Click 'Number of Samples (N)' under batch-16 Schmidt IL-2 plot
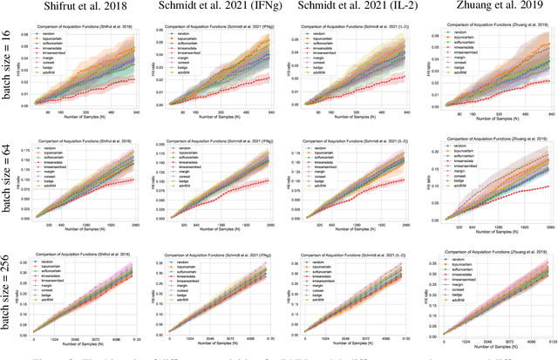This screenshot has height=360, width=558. [357, 119]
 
